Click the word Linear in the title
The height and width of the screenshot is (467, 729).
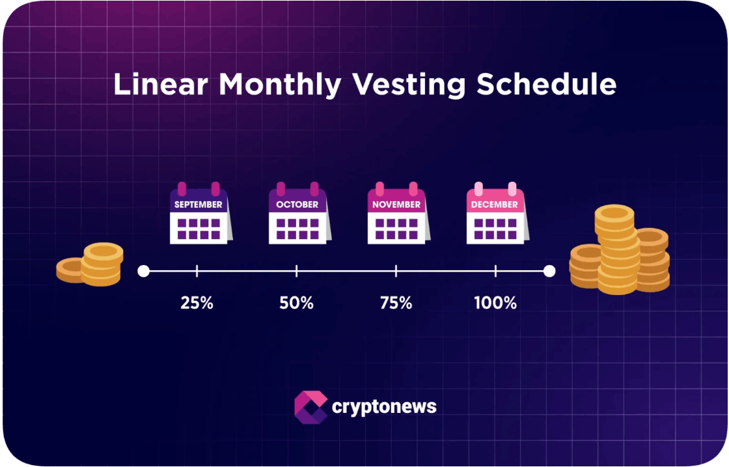161,84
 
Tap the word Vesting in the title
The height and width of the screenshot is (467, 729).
408,85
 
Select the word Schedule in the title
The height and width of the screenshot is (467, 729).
546,84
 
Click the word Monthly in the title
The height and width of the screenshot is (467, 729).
280,85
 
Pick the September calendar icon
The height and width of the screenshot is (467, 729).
200,213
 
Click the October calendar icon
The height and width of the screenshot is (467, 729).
299,213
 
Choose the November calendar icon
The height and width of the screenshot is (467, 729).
398,213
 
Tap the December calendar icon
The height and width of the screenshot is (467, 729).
497,213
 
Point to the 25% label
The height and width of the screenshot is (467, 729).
197,304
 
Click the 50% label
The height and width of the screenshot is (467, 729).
296,304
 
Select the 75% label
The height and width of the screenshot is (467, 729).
396,304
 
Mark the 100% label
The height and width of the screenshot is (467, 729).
495,304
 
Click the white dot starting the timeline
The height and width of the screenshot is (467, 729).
144,271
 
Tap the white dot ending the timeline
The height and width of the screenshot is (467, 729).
549,271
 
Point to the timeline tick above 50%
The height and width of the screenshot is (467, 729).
296,271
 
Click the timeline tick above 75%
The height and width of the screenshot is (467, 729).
396,271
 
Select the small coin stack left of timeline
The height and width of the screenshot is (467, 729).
90,264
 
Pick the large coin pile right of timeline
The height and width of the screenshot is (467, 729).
620,249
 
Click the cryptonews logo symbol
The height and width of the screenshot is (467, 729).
310,407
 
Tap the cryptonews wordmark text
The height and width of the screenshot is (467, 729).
384,407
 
